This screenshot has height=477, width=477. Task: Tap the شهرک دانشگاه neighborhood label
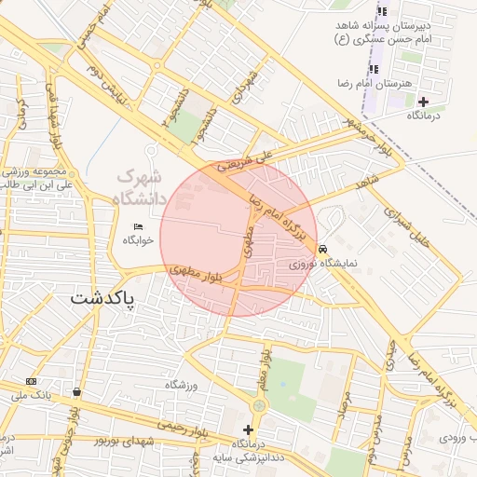point(138,186)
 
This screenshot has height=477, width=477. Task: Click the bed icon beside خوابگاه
point(138,226)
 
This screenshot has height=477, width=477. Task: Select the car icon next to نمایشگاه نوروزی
point(322,250)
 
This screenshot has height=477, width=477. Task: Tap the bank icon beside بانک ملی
point(32,381)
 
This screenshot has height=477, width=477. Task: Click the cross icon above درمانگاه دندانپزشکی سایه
point(248,429)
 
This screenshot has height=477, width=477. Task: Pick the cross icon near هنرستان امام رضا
point(424,102)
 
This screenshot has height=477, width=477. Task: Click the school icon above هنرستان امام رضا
point(375,69)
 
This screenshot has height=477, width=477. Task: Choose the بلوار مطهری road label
point(199,276)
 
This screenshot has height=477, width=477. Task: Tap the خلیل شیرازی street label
point(423,227)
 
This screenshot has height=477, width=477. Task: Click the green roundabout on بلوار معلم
point(259,406)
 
